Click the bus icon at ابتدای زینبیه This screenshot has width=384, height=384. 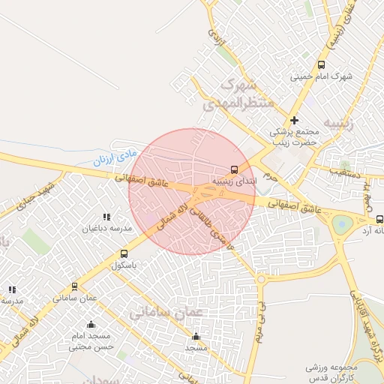click(235, 169)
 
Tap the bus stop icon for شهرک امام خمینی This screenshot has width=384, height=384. click(322, 65)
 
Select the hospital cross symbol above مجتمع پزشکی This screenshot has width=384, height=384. click(294, 120)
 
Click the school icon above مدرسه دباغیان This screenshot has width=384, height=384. click(106, 217)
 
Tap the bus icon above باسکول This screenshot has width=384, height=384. click(124, 253)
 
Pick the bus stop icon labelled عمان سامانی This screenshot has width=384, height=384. click(74, 286)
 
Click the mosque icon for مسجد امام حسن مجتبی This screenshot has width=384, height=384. click(91, 325)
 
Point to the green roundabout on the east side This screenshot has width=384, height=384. click(342, 223)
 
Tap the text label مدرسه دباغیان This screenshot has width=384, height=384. click(106, 227)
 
